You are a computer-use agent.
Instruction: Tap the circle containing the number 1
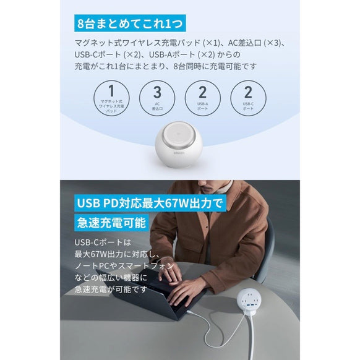tap(111, 97)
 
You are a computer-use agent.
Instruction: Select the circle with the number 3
tap(157, 97)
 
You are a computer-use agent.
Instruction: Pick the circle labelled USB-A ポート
tap(202, 97)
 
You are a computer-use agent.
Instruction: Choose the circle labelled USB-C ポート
tap(248, 97)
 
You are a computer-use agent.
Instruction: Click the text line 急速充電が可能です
tap(109, 288)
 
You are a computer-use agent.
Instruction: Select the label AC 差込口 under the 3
tap(157, 106)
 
